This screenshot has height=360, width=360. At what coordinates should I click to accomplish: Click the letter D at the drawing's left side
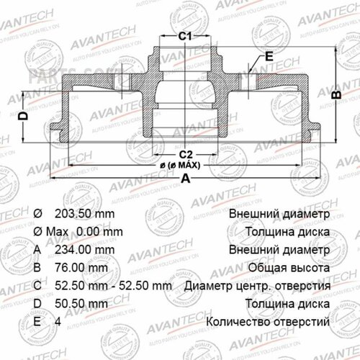(22, 115)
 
